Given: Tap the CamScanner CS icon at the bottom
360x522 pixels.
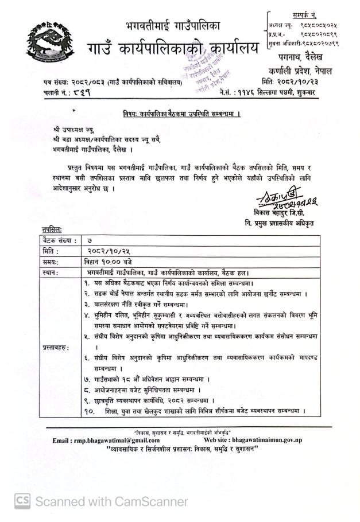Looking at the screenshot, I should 23,501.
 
